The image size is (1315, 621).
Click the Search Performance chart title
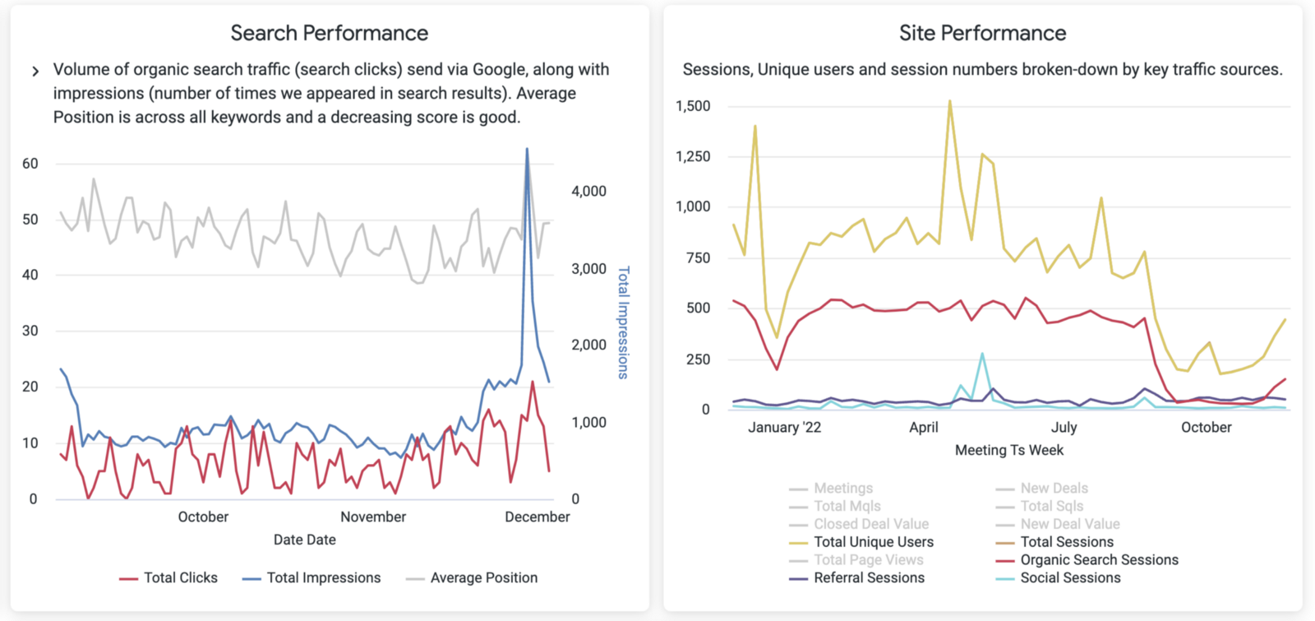329,33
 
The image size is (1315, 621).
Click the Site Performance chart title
982,33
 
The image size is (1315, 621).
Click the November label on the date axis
373,517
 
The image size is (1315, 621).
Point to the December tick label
537,517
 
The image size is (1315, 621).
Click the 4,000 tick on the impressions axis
588,191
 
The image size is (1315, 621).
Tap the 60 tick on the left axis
30,164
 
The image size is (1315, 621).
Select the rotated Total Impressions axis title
623,322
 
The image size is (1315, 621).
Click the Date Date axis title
304,540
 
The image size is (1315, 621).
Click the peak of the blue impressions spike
527,149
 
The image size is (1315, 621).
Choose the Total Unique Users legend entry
873,542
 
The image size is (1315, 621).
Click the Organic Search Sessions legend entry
1099,560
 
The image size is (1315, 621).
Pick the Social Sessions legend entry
1070,578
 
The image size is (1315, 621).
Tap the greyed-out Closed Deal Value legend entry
870,524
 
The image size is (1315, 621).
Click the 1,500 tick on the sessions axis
693,106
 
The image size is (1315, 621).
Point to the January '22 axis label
784,427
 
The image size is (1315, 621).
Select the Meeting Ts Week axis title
1008,450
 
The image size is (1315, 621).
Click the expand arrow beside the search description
35,72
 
